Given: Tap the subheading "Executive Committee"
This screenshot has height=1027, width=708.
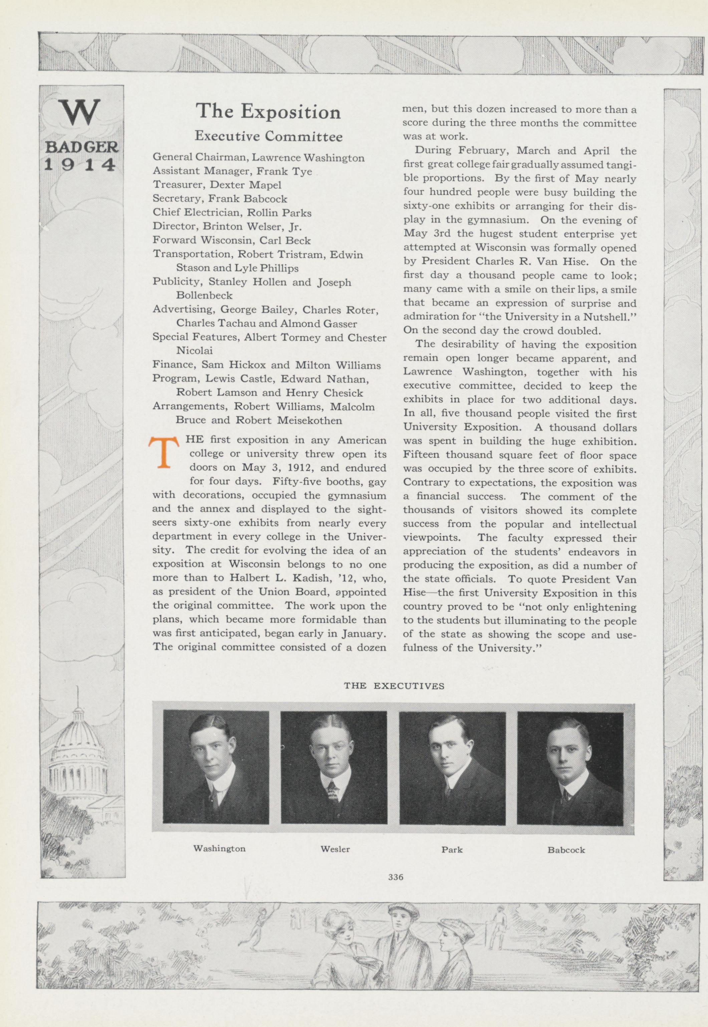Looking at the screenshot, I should [x=268, y=136].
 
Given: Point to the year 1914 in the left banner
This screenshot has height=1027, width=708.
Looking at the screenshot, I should [x=80, y=165].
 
